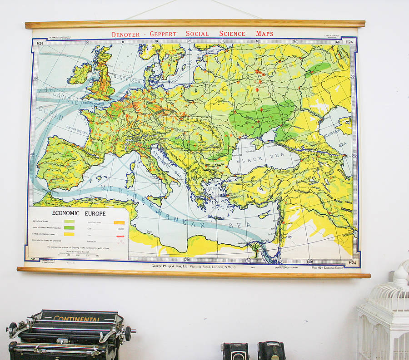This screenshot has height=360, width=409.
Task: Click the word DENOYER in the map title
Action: point(128,34)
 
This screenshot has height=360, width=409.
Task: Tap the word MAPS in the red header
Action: point(264,34)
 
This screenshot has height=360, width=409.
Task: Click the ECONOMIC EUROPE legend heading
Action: point(79,213)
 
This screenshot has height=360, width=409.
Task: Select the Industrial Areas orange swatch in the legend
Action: point(119,223)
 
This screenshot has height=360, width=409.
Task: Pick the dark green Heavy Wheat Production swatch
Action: point(70,228)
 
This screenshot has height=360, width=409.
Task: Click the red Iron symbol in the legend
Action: point(120,236)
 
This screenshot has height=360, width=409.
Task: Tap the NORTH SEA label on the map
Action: point(129,79)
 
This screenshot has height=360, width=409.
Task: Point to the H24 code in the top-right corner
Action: point(349,42)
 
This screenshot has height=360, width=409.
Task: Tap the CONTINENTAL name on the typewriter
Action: point(76,318)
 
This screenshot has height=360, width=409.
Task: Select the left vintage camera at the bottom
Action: point(234,352)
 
